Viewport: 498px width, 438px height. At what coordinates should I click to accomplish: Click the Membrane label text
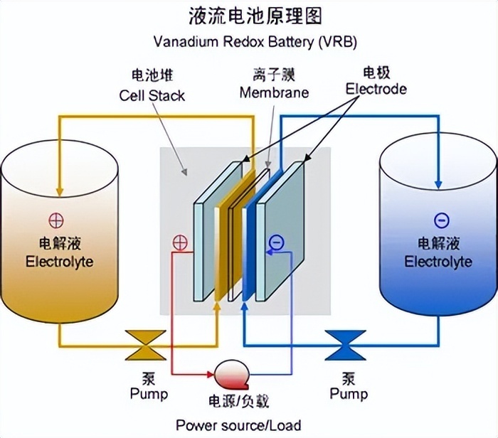tap(274, 93)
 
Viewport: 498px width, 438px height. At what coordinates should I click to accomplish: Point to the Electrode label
tap(375, 89)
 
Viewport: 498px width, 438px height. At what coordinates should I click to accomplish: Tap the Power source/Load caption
tap(248, 425)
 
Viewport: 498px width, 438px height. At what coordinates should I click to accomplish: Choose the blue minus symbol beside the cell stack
tap(276, 243)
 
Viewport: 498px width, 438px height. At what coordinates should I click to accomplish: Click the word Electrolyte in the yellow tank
tap(59, 262)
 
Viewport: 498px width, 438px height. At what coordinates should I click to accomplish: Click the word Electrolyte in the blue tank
tap(438, 262)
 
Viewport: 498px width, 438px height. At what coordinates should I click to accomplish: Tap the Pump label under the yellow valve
tap(149, 393)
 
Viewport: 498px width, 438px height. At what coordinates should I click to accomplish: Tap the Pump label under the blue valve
tap(349, 393)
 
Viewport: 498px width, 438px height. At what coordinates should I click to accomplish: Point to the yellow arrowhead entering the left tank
tap(59, 190)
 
